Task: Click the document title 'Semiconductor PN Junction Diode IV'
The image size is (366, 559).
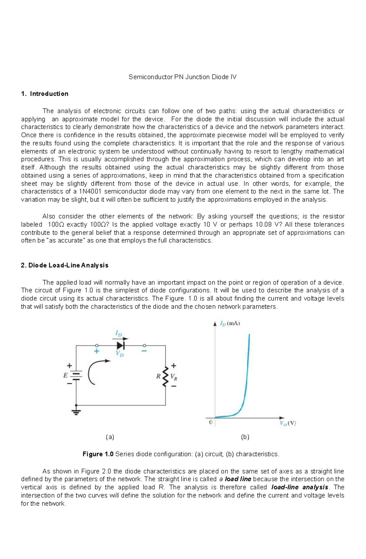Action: click(182, 77)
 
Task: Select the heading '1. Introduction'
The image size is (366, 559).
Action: click(45, 94)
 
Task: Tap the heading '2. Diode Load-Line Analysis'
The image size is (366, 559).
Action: click(64, 265)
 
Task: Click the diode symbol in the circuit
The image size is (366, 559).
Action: click(121, 345)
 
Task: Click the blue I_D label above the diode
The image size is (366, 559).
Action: click(118, 334)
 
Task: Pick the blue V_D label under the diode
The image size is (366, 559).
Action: click(120, 354)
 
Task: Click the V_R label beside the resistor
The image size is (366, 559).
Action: click(174, 377)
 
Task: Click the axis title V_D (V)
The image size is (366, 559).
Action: click(288, 423)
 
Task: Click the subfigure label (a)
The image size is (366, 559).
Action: click(110, 437)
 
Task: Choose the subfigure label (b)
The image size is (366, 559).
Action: click(245, 437)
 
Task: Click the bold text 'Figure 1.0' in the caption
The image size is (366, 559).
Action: click(98, 454)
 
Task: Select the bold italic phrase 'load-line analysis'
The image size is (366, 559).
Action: click(300, 487)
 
